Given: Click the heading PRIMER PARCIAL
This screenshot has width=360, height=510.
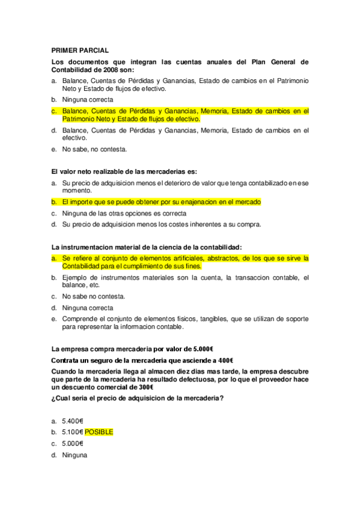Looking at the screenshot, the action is (x=80, y=51).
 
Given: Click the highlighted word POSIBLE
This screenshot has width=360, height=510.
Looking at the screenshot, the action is (x=99, y=432).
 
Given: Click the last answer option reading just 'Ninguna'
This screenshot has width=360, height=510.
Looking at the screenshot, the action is (x=75, y=455).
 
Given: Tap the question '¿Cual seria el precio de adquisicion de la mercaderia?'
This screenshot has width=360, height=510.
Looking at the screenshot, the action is (x=138, y=398).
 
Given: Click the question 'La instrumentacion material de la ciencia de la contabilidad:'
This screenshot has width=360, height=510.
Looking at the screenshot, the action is (x=147, y=247).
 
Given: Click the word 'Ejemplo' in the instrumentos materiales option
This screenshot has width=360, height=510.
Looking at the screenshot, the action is (x=75, y=277).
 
